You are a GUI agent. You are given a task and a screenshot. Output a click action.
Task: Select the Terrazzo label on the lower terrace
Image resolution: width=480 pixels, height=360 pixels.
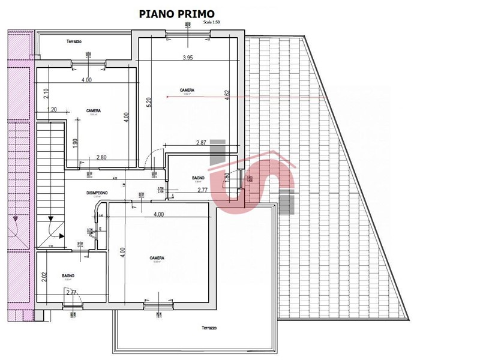(x=209, y=328)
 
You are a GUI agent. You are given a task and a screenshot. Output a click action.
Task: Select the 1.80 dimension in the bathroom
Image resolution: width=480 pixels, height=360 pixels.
(x=226, y=178)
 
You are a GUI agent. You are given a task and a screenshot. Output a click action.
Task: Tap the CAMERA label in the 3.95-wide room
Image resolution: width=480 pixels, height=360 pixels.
(x=187, y=91)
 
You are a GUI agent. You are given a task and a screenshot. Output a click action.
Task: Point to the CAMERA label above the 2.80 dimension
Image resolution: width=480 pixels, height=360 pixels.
(x=93, y=111)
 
